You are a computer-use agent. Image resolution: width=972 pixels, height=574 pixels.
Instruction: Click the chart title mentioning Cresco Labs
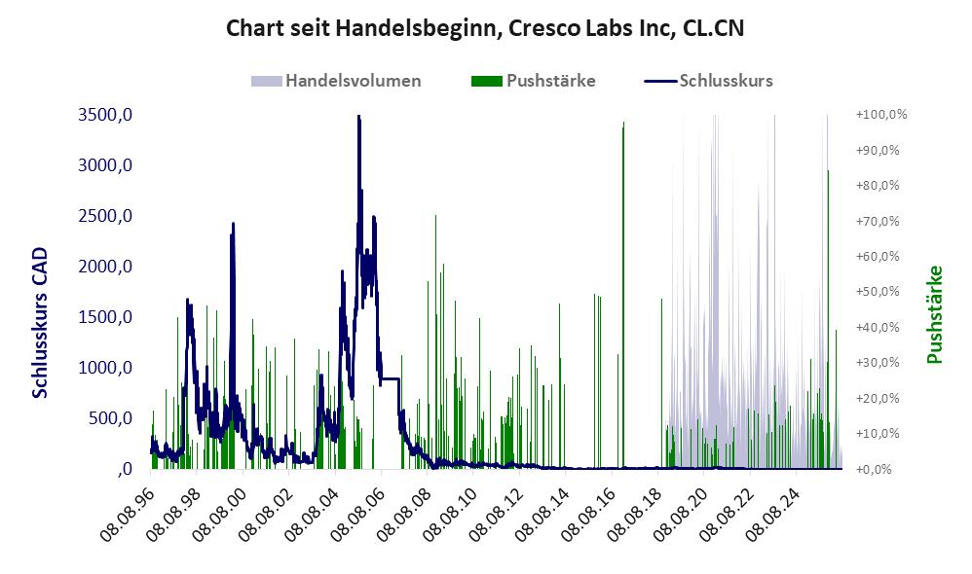(x=485, y=28)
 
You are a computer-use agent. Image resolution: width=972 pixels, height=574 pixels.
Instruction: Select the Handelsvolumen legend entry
(x=336, y=81)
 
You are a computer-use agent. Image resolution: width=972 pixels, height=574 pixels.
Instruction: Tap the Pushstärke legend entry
(x=533, y=81)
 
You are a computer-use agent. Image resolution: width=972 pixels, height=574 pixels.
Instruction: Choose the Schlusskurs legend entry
(x=708, y=81)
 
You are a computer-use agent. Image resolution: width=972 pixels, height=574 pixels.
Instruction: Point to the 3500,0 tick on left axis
(x=105, y=115)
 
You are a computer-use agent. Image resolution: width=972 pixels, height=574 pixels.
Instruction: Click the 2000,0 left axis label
(x=105, y=267)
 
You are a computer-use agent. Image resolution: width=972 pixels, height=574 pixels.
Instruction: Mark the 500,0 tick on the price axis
(x=110, y=418)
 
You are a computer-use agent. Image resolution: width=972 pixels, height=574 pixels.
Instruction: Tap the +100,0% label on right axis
(x=881, y=115)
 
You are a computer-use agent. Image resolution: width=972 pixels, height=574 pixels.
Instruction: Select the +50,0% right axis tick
(x=878, y=292)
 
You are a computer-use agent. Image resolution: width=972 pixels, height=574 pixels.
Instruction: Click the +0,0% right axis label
(x=874, y=469)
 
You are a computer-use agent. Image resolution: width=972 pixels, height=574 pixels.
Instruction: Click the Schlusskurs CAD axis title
(x=40, y=323)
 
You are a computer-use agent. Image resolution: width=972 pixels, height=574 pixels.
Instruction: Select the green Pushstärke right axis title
(x=935, y=314)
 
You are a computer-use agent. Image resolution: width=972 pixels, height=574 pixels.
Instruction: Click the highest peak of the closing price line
(x=358, y=117)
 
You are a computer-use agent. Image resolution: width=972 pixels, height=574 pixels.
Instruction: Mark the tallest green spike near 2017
(x=623, y=123)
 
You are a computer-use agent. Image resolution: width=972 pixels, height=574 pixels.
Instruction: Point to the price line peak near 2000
(x=233, y=224)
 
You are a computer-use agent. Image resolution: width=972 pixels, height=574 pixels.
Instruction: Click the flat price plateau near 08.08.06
(x=390, y=378)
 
